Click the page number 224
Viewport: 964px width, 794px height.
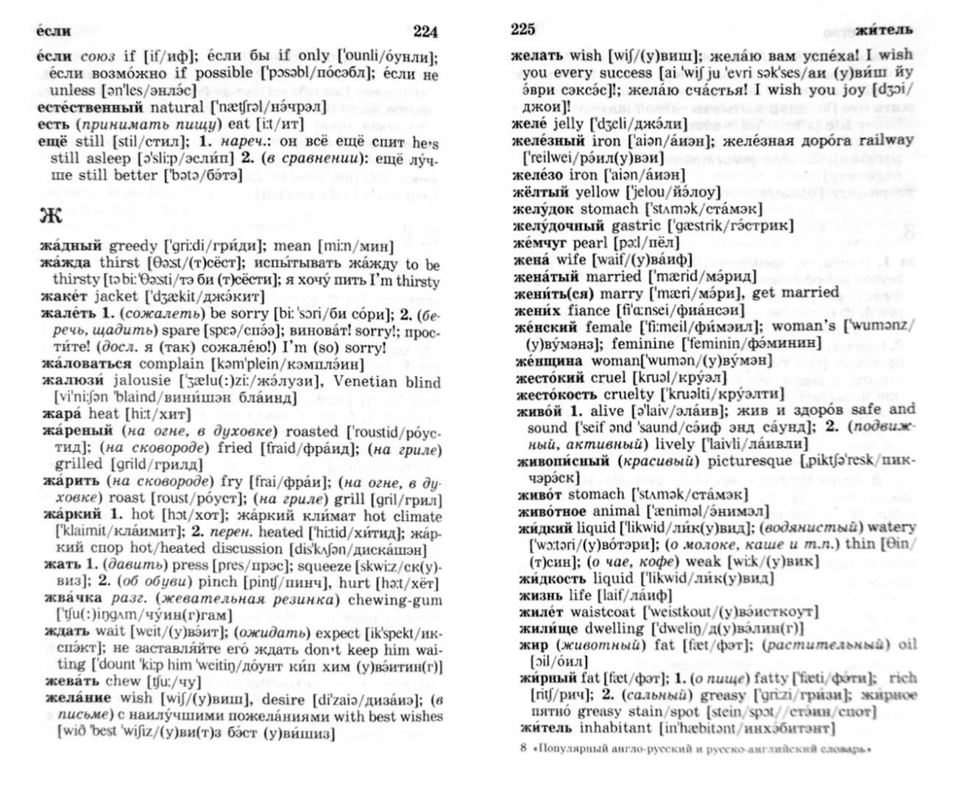[425, 32]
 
